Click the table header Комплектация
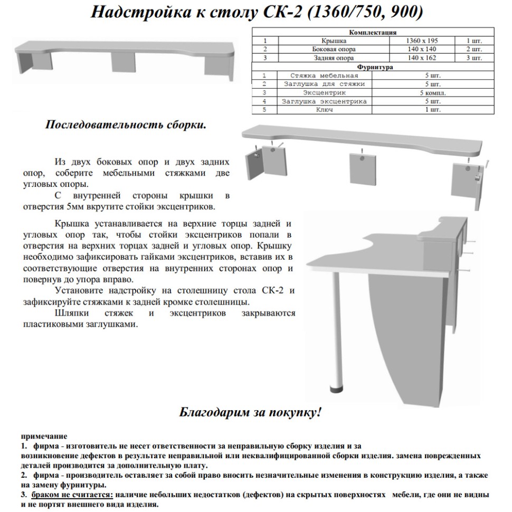373,32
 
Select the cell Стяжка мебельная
324,75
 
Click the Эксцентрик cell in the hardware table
324,93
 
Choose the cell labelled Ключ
324,110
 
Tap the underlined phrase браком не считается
71,495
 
